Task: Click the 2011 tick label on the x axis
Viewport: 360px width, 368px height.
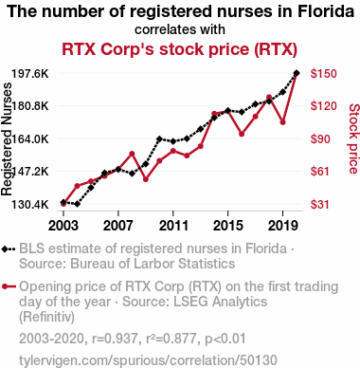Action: click(x=173, y=226)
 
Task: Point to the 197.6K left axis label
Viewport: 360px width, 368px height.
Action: click(x=30, y=74)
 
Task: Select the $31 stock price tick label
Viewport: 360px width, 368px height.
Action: click(x=320, y=204)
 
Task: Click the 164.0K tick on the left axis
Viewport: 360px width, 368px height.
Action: click(x=30, y=138)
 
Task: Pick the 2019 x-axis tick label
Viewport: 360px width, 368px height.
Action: click(x=283, y=226)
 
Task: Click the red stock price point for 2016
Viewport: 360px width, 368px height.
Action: click(x=242, y=134)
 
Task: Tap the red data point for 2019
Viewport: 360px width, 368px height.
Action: click(x=283, y=122)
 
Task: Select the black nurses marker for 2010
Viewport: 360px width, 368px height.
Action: click(x=159, y=138)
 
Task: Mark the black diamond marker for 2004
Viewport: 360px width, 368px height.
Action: click(x=77, y=204)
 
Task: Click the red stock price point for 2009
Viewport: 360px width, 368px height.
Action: click(x=146, y=179)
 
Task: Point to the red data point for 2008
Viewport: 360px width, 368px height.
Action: click(x=132, y=154)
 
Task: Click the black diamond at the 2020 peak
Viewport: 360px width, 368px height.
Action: click(x=297, y=73)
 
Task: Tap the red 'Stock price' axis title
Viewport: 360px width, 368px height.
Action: click(x=353, y=138)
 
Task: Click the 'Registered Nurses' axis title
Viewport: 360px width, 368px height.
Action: click(x=7, y=139)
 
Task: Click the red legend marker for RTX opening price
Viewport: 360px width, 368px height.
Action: click(x=9, y=287)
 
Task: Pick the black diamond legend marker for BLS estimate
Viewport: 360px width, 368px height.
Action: click(x=9, y=249)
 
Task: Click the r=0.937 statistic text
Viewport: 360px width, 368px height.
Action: click(x=115, y=339)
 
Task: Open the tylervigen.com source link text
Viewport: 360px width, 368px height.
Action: click(x=148, y=360)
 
